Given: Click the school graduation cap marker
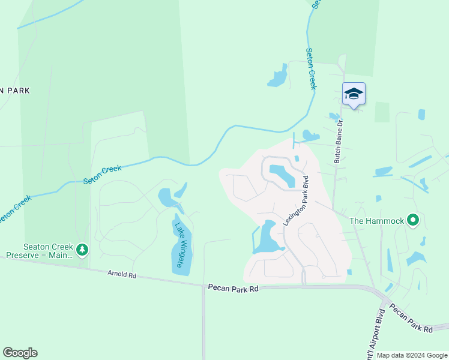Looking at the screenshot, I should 354,94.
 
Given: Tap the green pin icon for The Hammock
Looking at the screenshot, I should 412,221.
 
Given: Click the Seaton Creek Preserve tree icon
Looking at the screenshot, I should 82,249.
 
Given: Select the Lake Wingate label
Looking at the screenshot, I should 180,245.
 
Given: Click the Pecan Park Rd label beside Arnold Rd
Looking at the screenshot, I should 233,289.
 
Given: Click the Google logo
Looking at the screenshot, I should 20,353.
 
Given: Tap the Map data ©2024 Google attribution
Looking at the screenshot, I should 412,355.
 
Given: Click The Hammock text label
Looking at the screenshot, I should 376,221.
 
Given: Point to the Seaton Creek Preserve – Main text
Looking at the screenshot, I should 40,251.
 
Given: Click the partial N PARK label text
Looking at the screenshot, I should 14,91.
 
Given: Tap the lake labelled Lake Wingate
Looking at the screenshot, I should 182,252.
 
